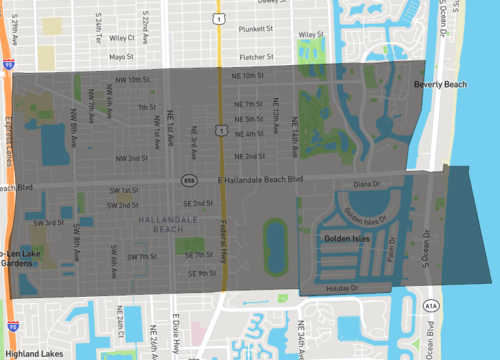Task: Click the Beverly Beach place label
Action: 440,85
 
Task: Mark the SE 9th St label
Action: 200,273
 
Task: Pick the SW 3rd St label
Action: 48,223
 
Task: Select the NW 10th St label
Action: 131,79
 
